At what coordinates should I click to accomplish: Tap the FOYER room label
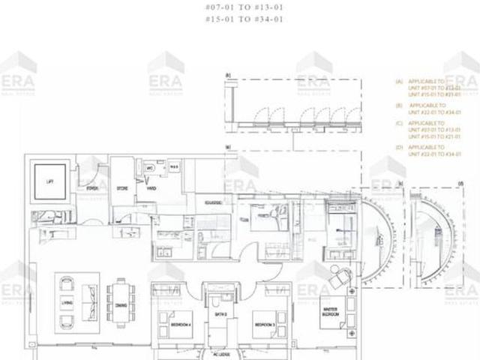pyautogui.click(x=92, y=189)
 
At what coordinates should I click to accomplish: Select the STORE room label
pyautogui.click(x=120, y=189)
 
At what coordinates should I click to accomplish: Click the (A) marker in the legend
pyautogui.click(x=400, y=81)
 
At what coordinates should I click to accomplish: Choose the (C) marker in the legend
pyautogui.click(x=400, y=124)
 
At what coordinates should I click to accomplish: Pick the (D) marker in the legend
pyautogui.click(x=400, y=147)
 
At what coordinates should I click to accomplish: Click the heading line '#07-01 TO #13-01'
pyautogui.click(x=239, y=9)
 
